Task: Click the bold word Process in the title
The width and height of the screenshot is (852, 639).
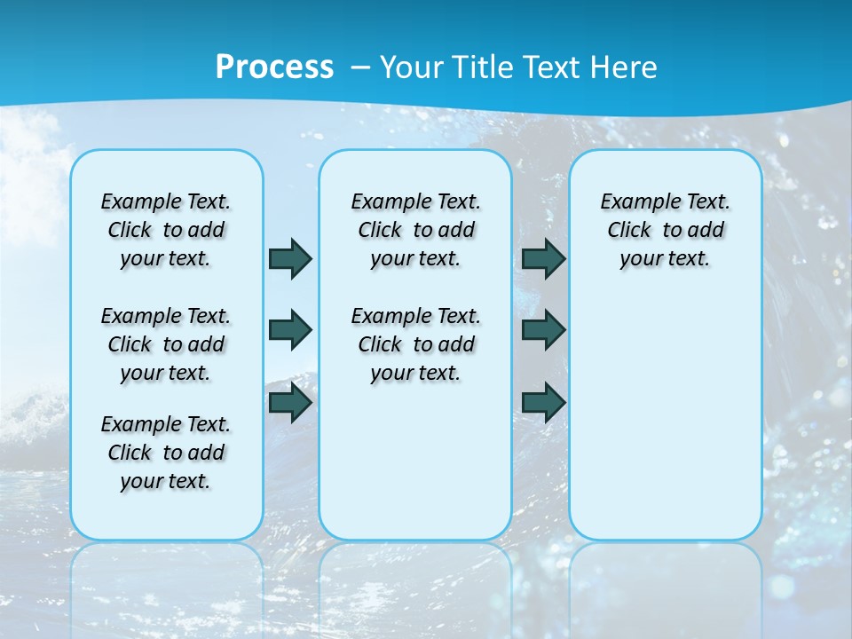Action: pyautogui.click(x=274, y=67)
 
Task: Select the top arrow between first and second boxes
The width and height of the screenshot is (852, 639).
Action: pyautogui.click(x=289, y=258)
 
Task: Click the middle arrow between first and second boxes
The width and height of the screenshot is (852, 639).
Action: pyautogui.click(x=289, y=330)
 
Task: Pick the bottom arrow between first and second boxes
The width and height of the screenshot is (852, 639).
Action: pyautogui.click(x=289, y=403)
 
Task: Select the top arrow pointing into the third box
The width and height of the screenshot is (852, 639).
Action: pyautogui.click(x=543, y=258)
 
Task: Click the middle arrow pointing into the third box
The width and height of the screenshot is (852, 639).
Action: pyautogui.click(x=543, y=330)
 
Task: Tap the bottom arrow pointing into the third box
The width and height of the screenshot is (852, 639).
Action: pyautogui.click(x=543, y=403)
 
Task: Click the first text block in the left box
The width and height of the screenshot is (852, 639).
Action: pyautogui.click(x=166, y=230)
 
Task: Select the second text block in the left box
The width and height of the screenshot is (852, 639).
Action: pyautogui.click(x=166, y=344)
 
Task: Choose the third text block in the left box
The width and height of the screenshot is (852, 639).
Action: pyautogui.click(x=166, y=453)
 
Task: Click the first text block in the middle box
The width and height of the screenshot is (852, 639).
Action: pyautogui.click(x=415, y=230)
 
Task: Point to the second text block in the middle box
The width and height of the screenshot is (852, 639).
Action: pyautogui.click(x=415, y=344)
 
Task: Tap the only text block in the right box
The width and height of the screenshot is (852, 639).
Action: pyautogui.click(x=666, y=230)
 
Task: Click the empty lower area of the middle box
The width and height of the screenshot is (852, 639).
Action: pyautogui.click(x=415, y=461)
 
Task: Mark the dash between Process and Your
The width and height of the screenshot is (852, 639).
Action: pyautogui.click(x=360, y=67)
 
